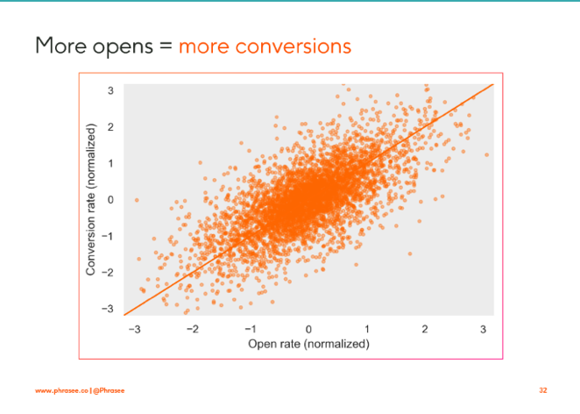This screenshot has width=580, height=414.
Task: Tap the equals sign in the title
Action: (166, 46)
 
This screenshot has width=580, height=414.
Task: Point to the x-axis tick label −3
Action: (134, 329)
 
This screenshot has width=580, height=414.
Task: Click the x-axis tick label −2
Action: (192, 329)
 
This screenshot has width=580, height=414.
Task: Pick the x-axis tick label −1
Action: (250, 329)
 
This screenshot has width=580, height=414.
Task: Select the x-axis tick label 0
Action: (309, 329)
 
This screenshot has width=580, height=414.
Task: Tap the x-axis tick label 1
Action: (367, 329)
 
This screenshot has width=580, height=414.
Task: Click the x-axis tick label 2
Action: (425, 329)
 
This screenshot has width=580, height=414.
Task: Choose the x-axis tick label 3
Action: (484, 329)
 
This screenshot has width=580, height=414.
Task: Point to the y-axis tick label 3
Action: (111, 90)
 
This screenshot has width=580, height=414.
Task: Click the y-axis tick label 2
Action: (111, 127)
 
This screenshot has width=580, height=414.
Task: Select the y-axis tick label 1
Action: (111, 163)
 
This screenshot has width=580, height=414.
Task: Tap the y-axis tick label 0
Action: (111, 200)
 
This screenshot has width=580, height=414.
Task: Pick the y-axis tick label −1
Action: (109, 236)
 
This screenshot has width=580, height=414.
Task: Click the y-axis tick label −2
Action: (109, 273)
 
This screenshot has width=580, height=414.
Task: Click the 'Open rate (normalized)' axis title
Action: (308, 343)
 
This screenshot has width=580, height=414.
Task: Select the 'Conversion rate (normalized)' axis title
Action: (91, 200)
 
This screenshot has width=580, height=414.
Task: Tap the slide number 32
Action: (543, 389)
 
